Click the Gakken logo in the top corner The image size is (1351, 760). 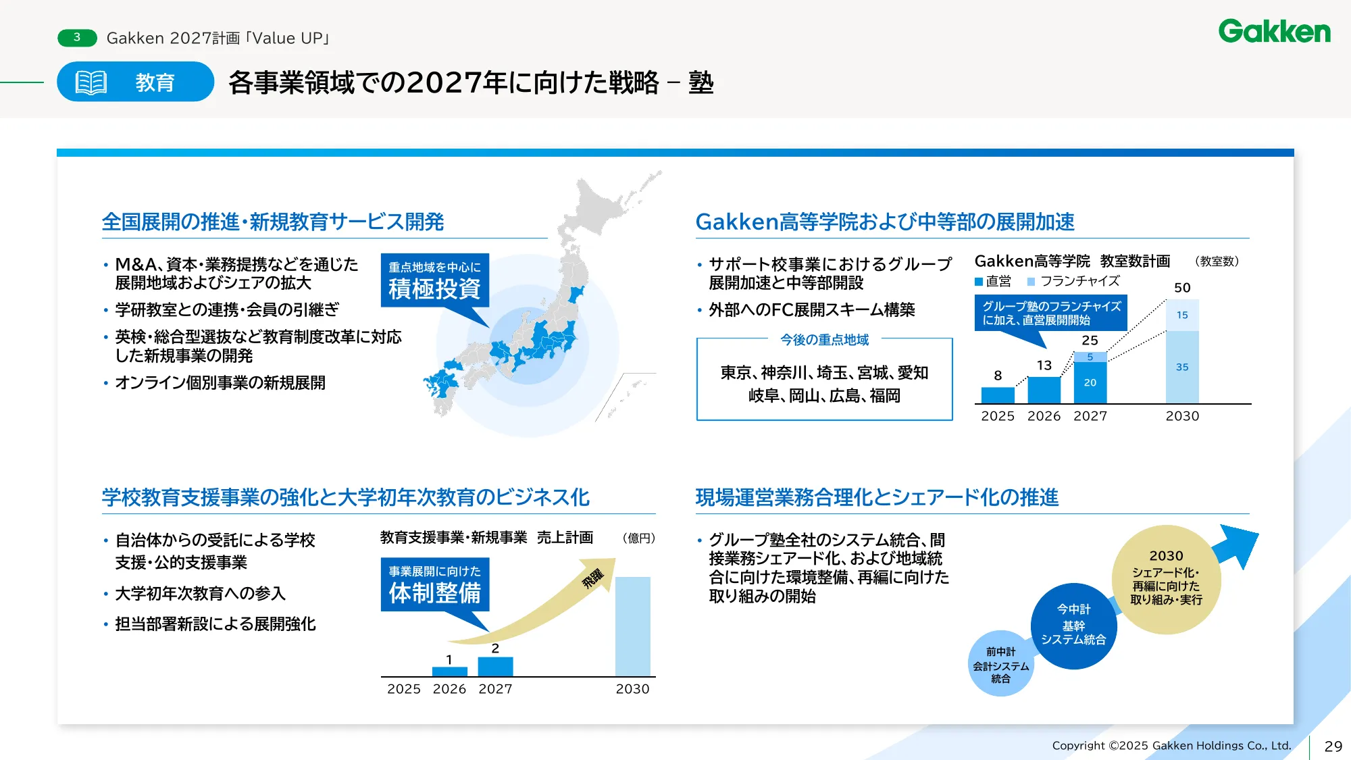click(1274, 32)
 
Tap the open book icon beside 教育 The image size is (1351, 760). click(91, 82)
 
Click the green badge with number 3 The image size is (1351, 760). click(77, 38)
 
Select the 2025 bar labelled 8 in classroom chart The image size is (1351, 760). click(998, 395)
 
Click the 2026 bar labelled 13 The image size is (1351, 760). click(1044, 390)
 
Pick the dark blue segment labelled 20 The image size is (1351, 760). click(1090, 382)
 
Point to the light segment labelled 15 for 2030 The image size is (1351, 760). click(1182, 315)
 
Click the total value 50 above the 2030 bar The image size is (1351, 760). click(1182, 288)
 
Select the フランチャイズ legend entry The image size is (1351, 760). click(1073, 281)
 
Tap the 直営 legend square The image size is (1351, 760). click(979, 282)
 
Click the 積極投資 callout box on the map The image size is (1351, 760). click(434, 281)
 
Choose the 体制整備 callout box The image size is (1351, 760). click(434, 585)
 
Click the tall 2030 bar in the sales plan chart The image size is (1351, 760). click(632, 626)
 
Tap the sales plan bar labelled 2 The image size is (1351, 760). click(495, 666)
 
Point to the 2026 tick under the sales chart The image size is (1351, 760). click(449, 689)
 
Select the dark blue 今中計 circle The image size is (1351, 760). click(1073, 626)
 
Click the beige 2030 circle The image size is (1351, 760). click(1167, 578)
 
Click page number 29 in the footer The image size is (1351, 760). click(1333, 746)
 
